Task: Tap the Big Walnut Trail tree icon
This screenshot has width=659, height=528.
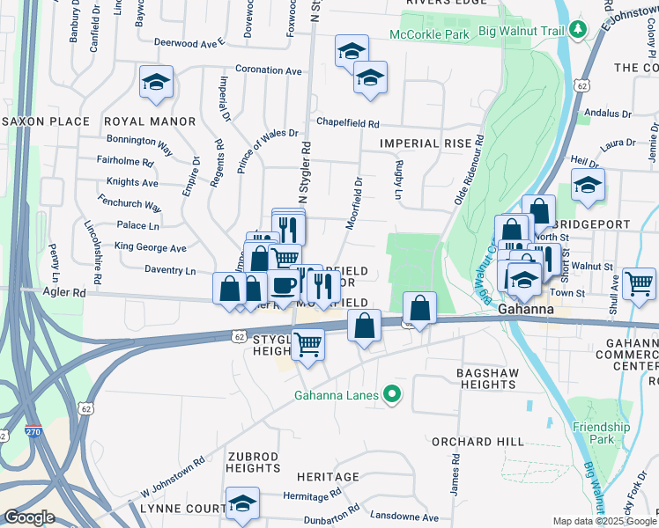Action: tap(577, 30)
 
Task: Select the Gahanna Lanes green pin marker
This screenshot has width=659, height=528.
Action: tap(393, 395)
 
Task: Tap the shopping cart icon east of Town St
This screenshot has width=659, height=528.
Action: tap(639, 282)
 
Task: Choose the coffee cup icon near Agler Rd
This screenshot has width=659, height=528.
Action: tap(284, 284)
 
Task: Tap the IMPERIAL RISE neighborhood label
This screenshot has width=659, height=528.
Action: tap(421, 143)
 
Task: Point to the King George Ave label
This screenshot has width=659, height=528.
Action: tap(151, 248)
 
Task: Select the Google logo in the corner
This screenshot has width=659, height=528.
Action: tap(29, 517)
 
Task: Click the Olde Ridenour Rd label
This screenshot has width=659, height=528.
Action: tap(468, 170)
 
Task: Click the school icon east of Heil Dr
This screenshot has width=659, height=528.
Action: tap(588, 185)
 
